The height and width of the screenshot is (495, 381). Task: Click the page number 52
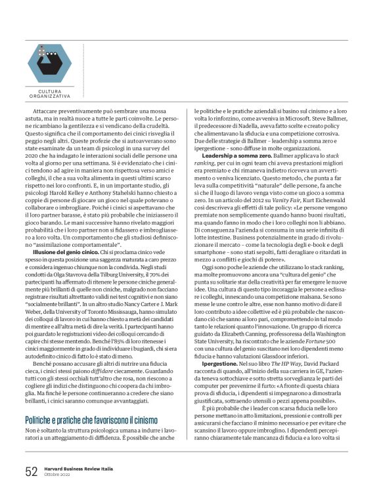coord(31,471)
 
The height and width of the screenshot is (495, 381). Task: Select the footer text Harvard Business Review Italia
coord(81,467)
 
